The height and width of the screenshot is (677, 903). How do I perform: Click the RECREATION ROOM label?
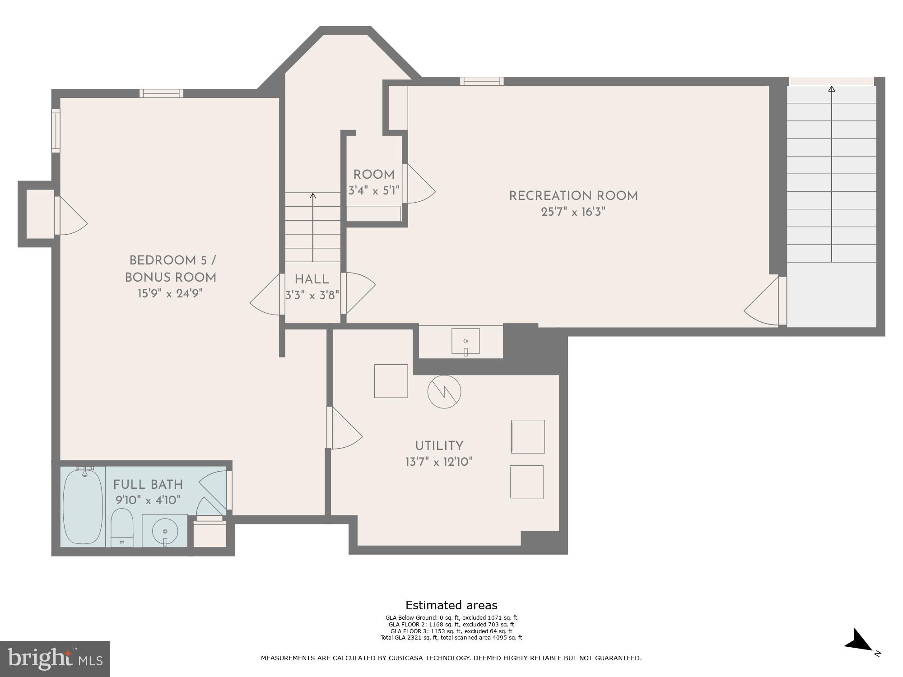click(x=573, y=196)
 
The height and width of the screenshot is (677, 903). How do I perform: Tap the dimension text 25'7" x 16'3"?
click(x=573, y=212)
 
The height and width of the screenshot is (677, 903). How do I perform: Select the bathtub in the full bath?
click(x=83, y=506)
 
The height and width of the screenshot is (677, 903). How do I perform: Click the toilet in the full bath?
click(x=122, y=527)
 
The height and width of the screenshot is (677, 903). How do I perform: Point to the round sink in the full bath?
click(x=165, y=531)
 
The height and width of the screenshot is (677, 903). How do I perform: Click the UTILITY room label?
click(x=439, y=446)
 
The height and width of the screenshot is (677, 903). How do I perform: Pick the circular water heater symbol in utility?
click(x=444, y=392)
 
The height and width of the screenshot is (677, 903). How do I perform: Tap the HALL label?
click(x=312, y=279)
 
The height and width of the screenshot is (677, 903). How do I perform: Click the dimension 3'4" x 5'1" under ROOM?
click(x=374, y=190)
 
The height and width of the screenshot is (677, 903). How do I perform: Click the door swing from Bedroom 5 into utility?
click(x=345, y=429)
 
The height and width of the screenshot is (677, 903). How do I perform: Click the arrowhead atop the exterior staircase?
click(x=831, y=89)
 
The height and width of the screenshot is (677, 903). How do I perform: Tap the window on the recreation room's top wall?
click(x=482, y=81)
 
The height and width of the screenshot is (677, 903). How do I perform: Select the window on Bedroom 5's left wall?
click(x=56, y=130)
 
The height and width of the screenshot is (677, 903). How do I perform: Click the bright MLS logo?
click(x=55, y=658)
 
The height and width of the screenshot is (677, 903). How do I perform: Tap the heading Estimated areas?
click(x=451, y=605)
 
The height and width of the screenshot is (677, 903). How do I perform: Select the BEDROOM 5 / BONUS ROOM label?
click(x=171, y=269)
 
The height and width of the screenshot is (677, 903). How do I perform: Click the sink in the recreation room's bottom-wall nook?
click(x=465, y=342)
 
